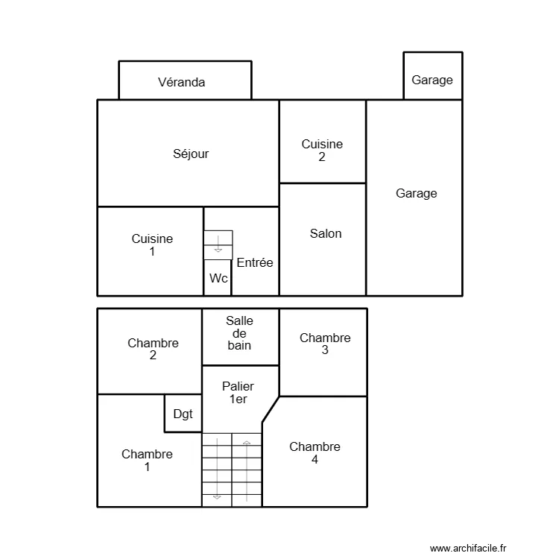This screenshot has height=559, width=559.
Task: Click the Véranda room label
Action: click(181, 82)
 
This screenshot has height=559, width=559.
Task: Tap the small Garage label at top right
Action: click(432, 80)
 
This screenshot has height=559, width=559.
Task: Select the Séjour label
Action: click(191, 154)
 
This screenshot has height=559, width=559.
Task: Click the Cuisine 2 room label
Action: click(322, 150)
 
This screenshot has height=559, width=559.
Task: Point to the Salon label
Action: click(326, 233)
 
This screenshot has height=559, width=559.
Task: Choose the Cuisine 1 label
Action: click(152, 245)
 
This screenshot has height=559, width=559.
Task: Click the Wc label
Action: click(218, 278)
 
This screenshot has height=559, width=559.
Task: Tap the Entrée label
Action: click(255, 262)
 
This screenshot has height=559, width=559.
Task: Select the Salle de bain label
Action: click(239, 332)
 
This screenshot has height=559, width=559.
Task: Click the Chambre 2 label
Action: click(153, 349)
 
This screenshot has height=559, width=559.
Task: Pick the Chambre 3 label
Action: click(325, 344)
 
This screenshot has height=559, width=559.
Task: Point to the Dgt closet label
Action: click(183, 414)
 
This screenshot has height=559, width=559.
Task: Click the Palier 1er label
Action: click(238, 393)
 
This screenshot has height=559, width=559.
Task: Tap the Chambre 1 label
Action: click(147, 460)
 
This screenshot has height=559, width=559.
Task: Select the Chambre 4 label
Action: click(315, 453)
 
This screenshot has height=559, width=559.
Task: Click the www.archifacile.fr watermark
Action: click(468, 548)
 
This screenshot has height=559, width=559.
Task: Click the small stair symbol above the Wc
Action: click(218, 245)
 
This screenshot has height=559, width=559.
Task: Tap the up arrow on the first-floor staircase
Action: click(247, 445)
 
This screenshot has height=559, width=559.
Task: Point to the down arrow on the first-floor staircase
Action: click(217, 496)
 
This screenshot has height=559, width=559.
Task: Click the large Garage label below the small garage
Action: click(416, 193)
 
